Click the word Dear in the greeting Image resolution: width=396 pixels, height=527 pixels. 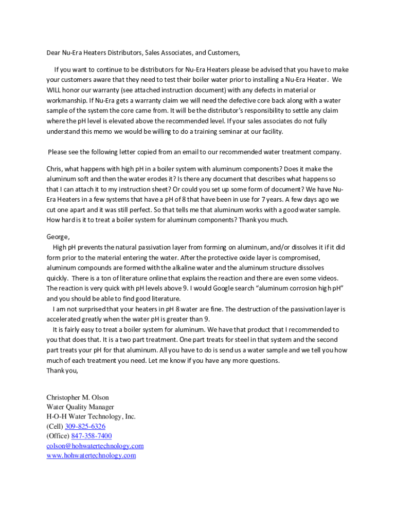[x=53, y=52]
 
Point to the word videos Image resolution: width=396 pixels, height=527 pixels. [x=326, y=278]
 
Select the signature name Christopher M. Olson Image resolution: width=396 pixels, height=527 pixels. [x=78, y=397]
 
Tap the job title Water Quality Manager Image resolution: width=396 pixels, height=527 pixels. [x=80, y=407]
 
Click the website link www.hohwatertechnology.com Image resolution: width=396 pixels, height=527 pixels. [x=91, y=455]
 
